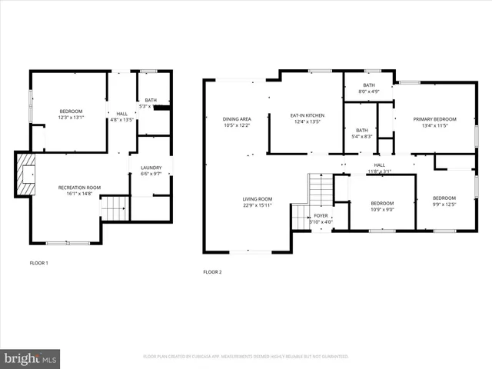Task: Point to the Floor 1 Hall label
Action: [x=122, y=114]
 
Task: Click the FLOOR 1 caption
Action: [x=38, y=263]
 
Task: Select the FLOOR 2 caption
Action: [x=212, y=271]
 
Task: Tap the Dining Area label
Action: [x=237, y=118]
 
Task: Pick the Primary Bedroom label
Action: [x=434, y=119]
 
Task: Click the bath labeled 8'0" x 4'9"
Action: [x=369, y=85]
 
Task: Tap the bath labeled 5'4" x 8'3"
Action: [x=361, y=130]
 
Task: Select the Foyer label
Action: [x=321, y=218]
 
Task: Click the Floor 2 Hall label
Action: [x=380, y=165]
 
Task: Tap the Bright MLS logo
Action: [x=31, y=358]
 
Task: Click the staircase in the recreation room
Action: [x=114, y=207]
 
